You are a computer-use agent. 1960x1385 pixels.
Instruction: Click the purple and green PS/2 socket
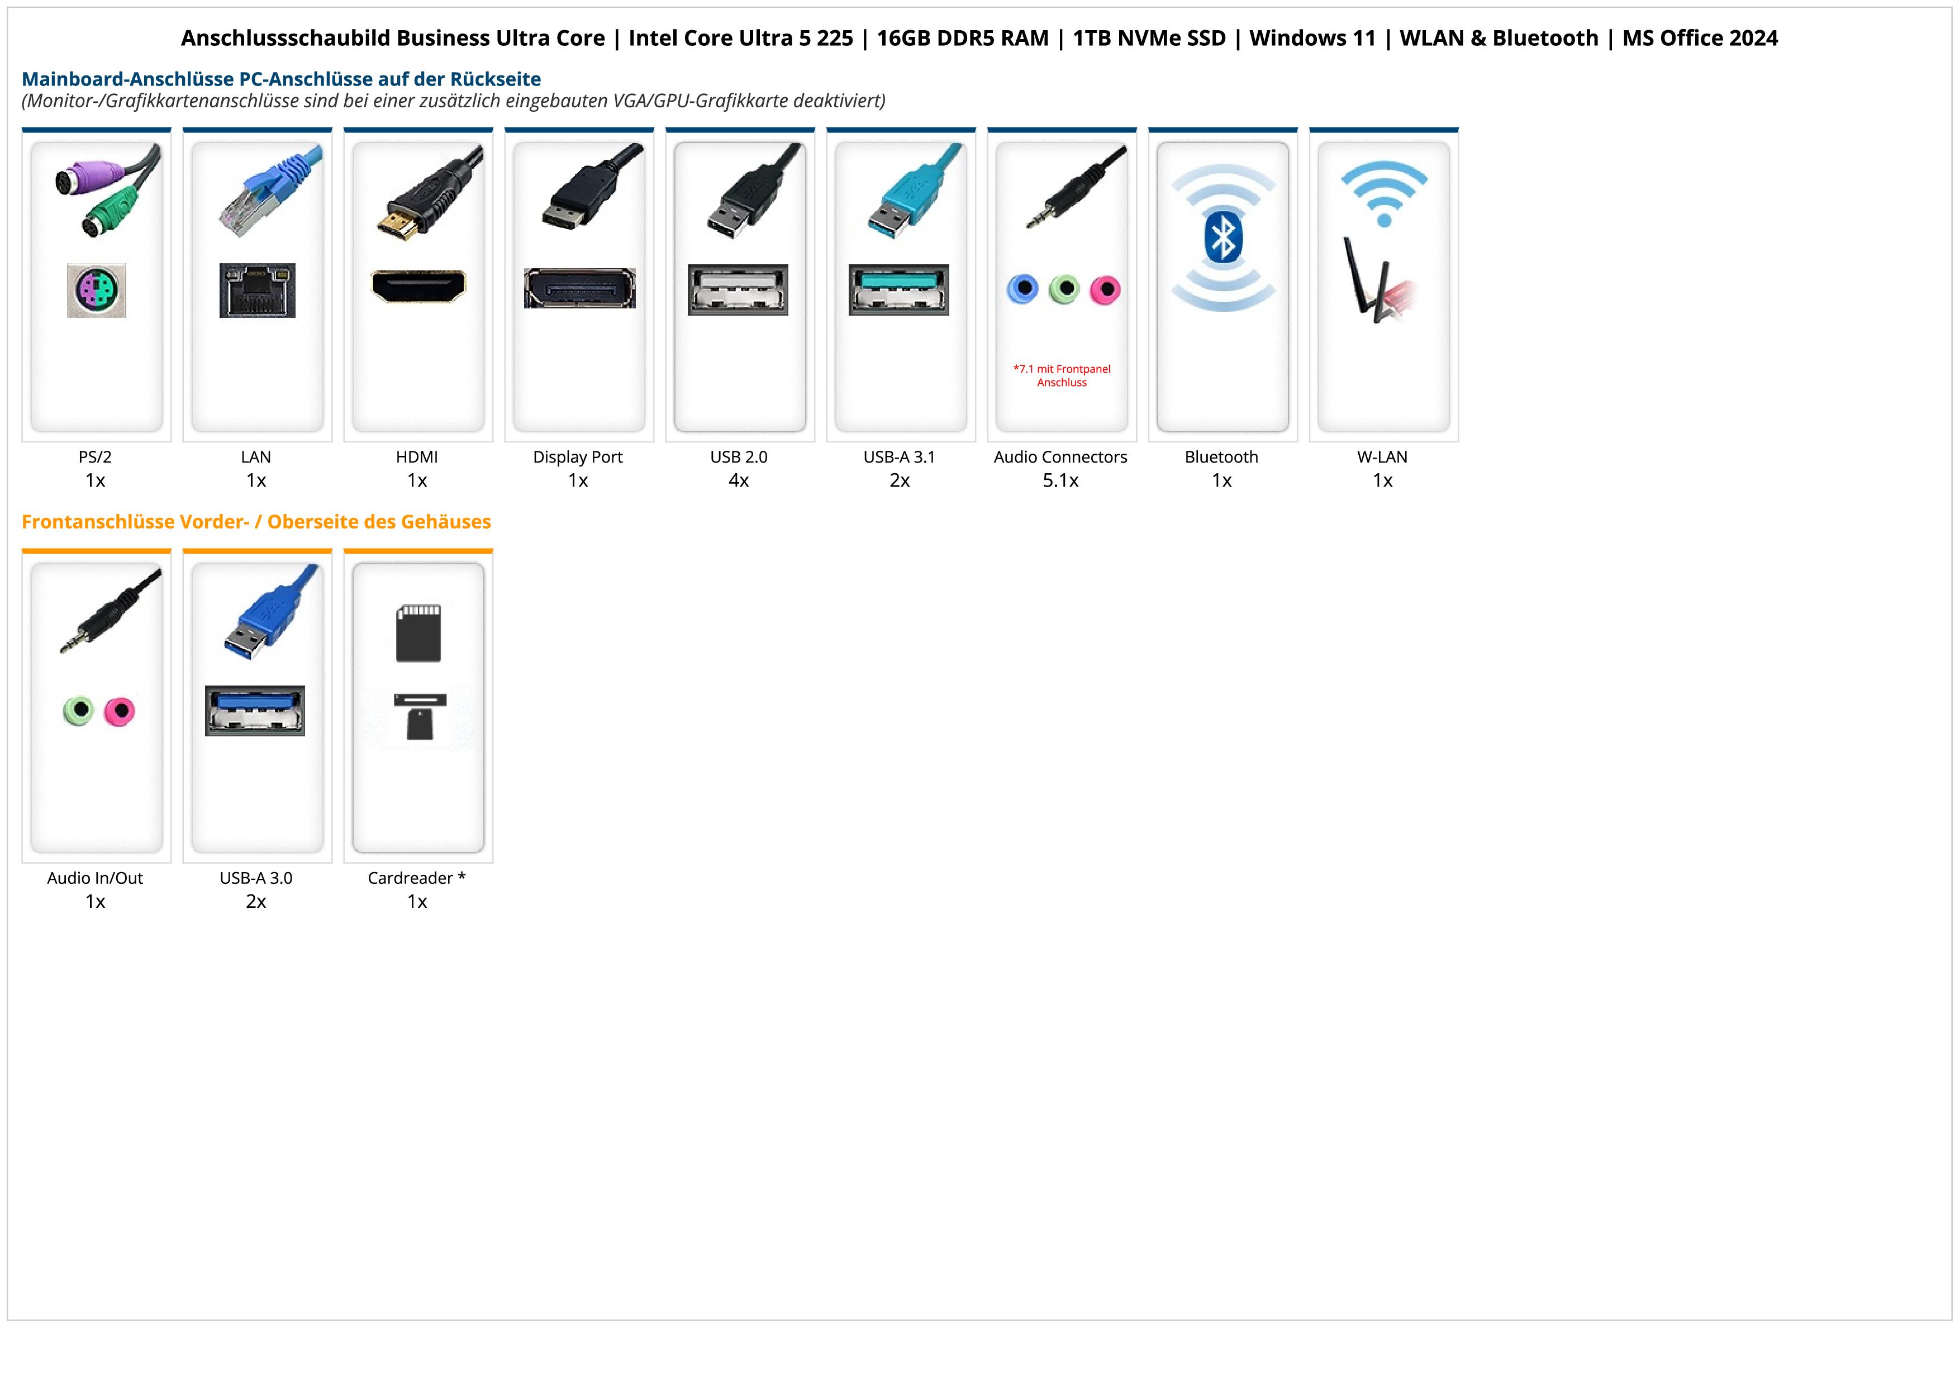click(x=97, y=291)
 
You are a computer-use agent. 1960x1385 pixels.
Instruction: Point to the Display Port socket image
click(x=579, y=288)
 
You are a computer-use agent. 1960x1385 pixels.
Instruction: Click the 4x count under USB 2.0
click(x=739, y=480)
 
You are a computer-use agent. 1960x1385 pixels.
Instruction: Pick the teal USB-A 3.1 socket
click(x=898, y=289)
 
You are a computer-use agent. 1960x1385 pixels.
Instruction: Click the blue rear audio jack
click(x=1022, y=289)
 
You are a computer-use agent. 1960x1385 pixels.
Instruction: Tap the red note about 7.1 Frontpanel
click(x=1062, y=375)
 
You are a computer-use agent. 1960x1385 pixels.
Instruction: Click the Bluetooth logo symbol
click(x=1222, y=237)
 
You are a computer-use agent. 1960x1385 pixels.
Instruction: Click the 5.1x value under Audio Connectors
click(x=1060, y=480)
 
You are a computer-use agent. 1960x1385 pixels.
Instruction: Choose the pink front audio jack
click(x=120, y=710)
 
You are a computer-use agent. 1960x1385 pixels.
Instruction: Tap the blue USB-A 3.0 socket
click(x=254, y=710)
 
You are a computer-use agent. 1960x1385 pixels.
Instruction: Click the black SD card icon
click(x=418, y=633)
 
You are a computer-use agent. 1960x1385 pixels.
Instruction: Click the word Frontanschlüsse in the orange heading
click(x=98, y=521)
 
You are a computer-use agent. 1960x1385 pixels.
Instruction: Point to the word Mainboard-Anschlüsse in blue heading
click(x=128, y=79)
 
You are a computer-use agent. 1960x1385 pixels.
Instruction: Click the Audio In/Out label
click(x=95, y=878)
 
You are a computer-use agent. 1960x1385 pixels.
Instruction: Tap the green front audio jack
click(x=79, y=710)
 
